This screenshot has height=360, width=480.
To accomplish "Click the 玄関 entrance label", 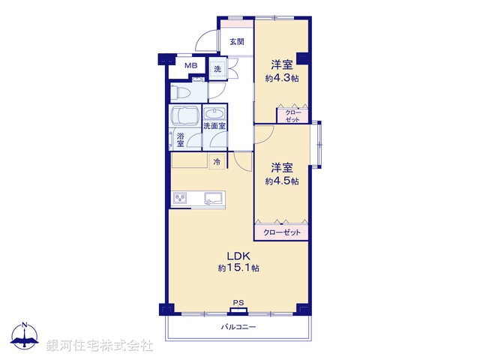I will tap(236, 42).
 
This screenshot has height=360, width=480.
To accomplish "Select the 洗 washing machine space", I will tap(217, 69).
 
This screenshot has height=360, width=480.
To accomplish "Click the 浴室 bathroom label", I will tap(180, 139).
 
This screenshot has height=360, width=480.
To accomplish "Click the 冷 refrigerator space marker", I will tap(217, 162).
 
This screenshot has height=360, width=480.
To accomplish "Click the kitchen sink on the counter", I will tap(212, 199).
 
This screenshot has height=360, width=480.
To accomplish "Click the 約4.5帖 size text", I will tap(282, 181).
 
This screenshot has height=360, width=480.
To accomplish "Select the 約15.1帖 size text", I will tap(238, 268).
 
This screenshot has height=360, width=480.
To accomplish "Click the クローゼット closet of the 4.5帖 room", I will tap(282, 232).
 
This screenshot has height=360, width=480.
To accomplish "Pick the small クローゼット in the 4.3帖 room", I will tap(292, 115).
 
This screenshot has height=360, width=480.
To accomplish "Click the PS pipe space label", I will tap(238, 304).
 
